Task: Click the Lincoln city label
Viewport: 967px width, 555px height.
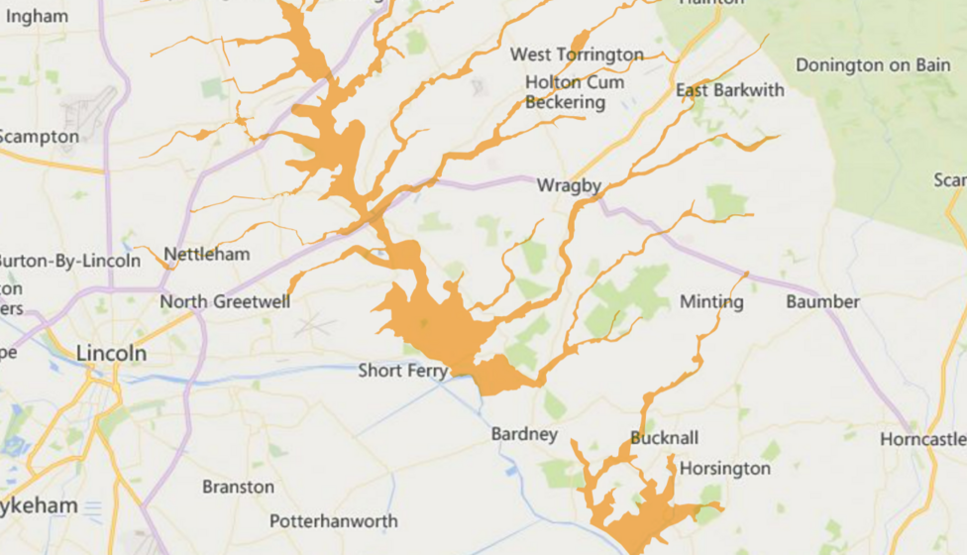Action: click(x=111, y=354)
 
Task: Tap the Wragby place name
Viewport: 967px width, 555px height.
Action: click(x=569, y=185)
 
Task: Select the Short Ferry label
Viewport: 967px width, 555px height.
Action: click(x=402, y=371)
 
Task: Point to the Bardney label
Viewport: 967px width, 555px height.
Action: click(x=524, y=434)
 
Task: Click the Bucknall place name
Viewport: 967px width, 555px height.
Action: click(x=664, y=438)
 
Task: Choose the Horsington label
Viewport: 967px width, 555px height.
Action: click(x=724, y=468)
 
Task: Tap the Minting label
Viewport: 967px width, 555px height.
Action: click(x=711, y=301)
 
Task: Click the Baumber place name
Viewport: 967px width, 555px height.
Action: click(x=822, y=301)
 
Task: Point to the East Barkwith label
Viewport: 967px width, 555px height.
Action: click(x=729, y=90)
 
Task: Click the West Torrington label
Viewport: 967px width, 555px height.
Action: click(x=577, y=55)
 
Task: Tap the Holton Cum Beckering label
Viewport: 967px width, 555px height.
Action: click(x=574, y=92)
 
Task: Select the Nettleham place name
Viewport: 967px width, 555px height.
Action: click(x=206, y=255)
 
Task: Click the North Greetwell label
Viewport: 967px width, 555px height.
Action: click(x=225, y=301)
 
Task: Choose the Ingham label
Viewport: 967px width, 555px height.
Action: click(x=35, y=16)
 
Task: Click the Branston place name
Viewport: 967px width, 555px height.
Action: click(x=238, y=487)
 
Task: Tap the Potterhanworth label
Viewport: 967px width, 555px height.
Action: click(x=333, y=521)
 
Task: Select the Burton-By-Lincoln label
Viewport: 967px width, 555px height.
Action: click(x=69, y=262)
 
